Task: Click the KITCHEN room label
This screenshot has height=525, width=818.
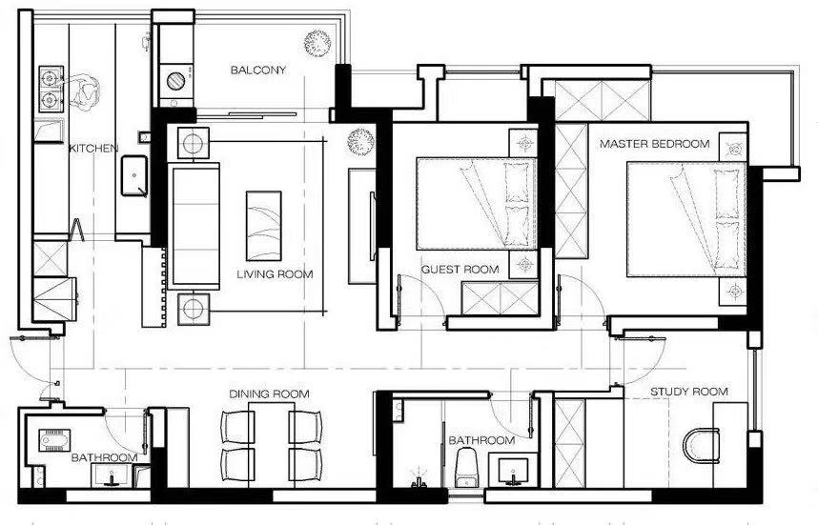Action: pos(93,149)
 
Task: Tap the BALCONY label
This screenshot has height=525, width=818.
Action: pos(258,70)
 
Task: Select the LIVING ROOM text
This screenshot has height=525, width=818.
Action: pos(275,274)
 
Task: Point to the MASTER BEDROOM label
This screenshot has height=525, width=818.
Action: pos(655,143)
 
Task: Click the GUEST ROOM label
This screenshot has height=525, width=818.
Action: pos(460,270)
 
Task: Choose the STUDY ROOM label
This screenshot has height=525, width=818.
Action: pos(689,392)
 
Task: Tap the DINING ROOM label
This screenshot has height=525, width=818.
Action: pos(269,394)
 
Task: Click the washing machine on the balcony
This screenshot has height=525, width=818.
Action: pos(175,81)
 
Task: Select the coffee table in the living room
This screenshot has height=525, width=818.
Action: pos(263,226)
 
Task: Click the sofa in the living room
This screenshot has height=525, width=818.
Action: pos(194,226)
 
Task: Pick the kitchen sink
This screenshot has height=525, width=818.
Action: pos(134,176)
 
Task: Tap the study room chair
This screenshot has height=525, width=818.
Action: pos(701,446)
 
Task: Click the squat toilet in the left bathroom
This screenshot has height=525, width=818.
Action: pos(54,439)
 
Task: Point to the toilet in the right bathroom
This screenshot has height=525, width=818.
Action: pos(467,467)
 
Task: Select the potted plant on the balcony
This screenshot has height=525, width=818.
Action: pos(317,43)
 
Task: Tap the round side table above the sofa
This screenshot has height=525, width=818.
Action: pos(193,143)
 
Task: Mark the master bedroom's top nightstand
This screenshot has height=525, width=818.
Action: pos(733,148)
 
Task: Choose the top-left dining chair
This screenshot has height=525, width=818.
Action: pos(238,427)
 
